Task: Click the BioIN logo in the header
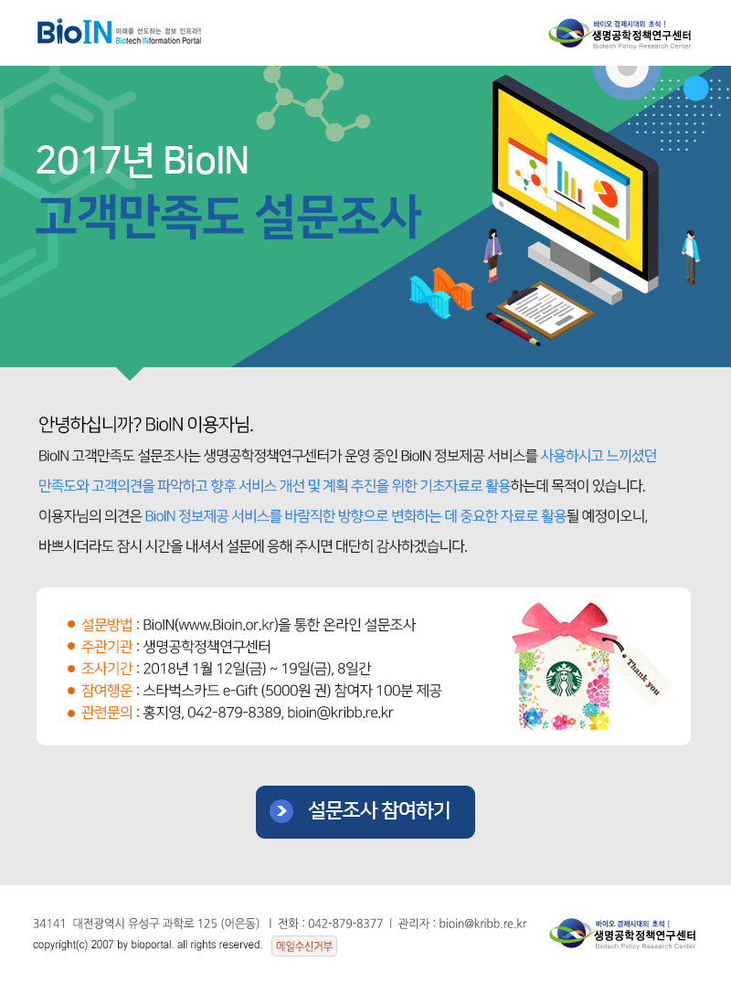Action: pyautogui.click(x=119, y=33)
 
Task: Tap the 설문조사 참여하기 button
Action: pyautogui.click(x=365, y=811)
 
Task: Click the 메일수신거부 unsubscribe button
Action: pyautogui.click(x=304, y=946)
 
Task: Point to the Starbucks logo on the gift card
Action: pyautogui.click(x=564, y=681)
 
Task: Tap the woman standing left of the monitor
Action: pyautogui.click(x=493, y=255)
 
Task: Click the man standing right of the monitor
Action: pyautogui.click(x=690, y=257)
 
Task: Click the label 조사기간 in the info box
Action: pyautogui.click(x=107, y=669)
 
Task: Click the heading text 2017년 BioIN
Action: pyautogui.click(x=143, y=160)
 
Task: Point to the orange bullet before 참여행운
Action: pyautogui.click(x=71, y=691)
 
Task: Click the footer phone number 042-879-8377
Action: pyautogui.click(x=345, y=924)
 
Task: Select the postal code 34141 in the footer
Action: pyautogui.click(x=49, y=924)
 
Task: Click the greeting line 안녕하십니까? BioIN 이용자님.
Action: pyautogui.click(x=146, y=425)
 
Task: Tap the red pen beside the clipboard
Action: pyautogui.click(x=513, y=329)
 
